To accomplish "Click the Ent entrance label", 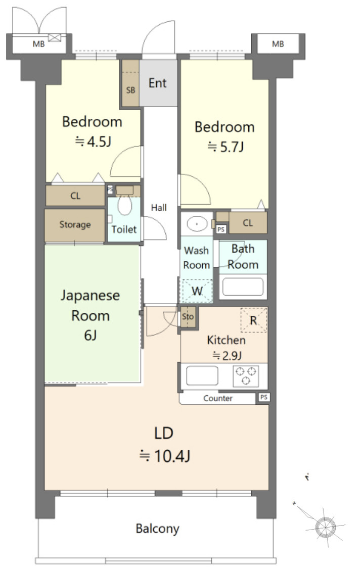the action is click(x=157, y=83).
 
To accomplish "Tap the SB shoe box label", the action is click(x=130, y=90).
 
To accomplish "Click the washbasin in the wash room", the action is click(x=197, y=223).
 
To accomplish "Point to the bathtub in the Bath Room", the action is click(x=243, y=287).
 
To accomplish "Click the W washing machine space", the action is click(x=197, y=291).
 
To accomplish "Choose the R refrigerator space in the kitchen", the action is click(x=253, y=320).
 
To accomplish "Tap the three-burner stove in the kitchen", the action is click(x=246, y=376).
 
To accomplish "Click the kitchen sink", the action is click(x=202, y=375).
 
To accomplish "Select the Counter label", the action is click(x=218, y=398).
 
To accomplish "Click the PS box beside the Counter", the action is click(x=263, y=397).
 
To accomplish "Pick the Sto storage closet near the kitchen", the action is click(x=188, y=317).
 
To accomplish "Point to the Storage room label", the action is click(x=75, y=225).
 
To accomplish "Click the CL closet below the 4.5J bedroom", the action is click(x=75, y=196).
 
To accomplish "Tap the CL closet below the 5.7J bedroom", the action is click(x=248, y=222).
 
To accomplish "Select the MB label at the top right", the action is click(x=278, y=44).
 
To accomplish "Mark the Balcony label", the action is click(x=157, y=529).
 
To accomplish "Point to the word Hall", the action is click(x=159, y=208).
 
